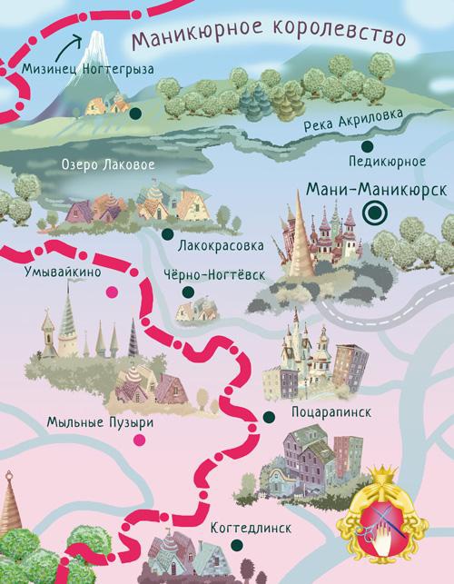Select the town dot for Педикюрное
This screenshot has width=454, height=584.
pos(367,145)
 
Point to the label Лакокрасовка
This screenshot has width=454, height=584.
pos(222,246)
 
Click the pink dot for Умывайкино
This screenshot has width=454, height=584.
pos(113,291)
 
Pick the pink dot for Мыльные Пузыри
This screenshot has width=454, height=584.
pos(138,441)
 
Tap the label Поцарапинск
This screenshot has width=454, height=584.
pos(332,412)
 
